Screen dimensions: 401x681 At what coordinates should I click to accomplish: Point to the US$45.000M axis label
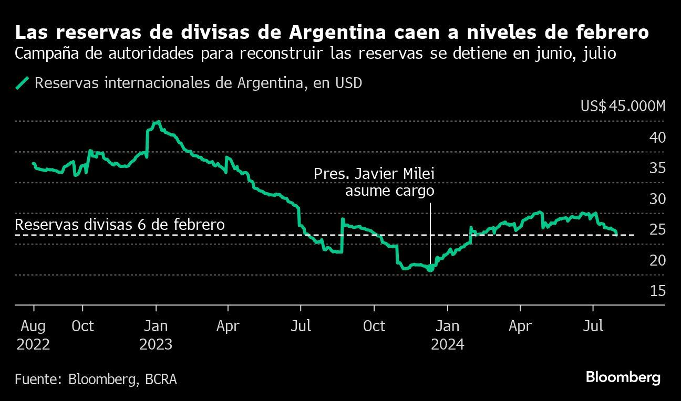tap(623, 106)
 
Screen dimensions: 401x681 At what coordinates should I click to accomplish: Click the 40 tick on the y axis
tap(658, 138)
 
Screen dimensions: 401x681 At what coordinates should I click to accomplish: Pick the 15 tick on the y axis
tap(658, 291)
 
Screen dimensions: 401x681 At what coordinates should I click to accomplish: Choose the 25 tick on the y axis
tap(658, 229)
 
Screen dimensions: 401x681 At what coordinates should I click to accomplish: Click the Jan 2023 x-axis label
tap(156, 335)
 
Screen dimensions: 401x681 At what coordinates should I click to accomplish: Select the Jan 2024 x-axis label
tap(447, 335)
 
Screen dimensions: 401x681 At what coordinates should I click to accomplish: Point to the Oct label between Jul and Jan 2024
tap(374, 326)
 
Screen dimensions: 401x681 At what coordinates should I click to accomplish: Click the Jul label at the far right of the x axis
tap(593, 326)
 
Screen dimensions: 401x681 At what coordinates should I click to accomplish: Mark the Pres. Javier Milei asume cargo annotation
tap(374, 182)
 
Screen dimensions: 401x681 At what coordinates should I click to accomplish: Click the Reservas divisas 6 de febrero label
tap(120, 225)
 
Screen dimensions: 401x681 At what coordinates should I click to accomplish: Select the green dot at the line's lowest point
tap(430, 268)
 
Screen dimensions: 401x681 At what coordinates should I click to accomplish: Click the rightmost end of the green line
tap(616, 234)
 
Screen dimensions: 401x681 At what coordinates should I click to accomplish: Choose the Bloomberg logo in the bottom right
tap(623, 377)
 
